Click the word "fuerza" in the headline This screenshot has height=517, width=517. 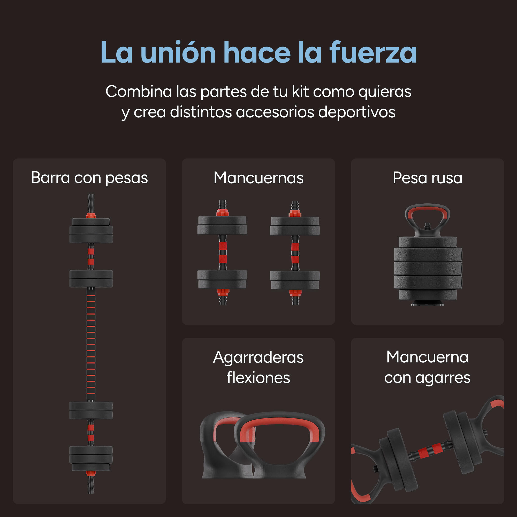click(373, 52)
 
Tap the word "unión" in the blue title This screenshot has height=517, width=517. click(178, 52)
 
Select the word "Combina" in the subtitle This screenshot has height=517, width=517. click(139, 92)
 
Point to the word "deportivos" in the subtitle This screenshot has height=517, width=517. click(357, 112)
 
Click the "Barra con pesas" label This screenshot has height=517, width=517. click(89, 178)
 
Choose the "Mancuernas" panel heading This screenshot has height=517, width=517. click(258, 178)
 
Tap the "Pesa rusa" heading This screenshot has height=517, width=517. click(427, 178)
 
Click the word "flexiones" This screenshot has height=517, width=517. click(258, 378)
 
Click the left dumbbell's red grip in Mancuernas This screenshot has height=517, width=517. click(223, 253)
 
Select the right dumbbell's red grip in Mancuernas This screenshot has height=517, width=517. click(295, 253)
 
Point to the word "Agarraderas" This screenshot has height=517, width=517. click(258, 358)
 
